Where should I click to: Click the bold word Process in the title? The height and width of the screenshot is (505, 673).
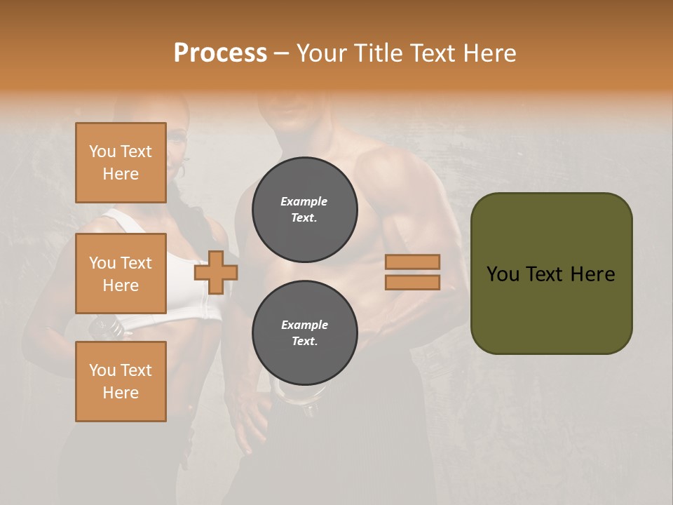coord(220,53)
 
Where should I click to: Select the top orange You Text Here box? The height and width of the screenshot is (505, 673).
coord(121,163)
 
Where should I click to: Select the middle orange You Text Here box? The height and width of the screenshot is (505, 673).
coord(121,274)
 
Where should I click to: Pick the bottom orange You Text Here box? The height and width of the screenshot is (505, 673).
coord(121,382)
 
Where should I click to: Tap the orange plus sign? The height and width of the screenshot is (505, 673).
coord(215,272)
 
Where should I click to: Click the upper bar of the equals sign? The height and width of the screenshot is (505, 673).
coord(412,262)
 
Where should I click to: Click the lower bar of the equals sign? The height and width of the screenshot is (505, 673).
coord(412,282)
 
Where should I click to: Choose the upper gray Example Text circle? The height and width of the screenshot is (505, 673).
coord(304,209)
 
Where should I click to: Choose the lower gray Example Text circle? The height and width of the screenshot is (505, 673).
coord(304,332)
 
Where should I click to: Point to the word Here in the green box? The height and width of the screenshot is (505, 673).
coord(592,274)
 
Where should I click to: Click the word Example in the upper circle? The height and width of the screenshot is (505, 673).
coord(304,201)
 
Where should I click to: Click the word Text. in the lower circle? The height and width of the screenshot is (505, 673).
coord(304,341)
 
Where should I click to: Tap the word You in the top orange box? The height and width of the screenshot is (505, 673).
coord(102,151)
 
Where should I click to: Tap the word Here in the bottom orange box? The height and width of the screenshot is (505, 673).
coord(121,393)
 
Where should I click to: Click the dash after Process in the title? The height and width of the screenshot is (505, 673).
coord(281,53)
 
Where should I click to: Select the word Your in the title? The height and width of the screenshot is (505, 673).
coord(321,53)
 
